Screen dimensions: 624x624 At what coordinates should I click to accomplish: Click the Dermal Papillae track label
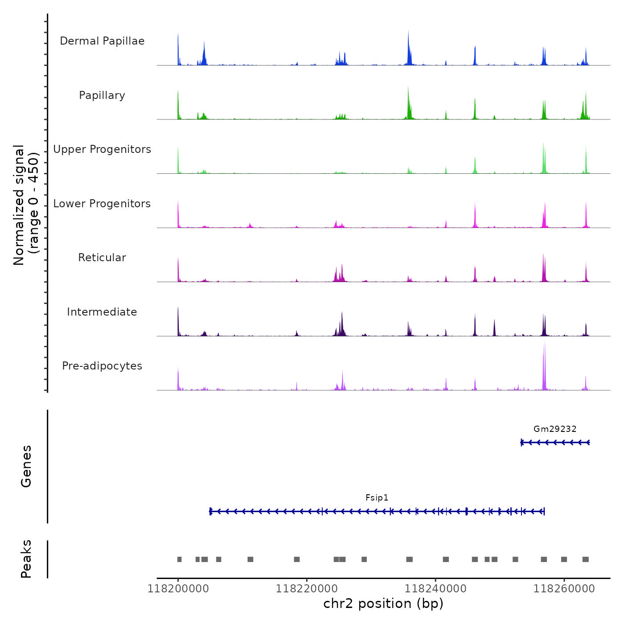[102, 41]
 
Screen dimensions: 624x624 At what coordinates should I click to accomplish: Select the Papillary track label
[102, 95]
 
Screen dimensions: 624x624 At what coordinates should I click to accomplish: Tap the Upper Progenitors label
[102, 149]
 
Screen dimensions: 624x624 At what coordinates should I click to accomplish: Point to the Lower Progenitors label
[102, 204]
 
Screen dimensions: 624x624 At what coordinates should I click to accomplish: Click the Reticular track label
[102, 258]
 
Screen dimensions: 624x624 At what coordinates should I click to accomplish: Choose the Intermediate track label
[102, 312]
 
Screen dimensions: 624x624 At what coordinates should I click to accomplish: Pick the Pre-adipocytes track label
[102, 366]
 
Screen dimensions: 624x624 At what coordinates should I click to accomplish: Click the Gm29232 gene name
[555, 429]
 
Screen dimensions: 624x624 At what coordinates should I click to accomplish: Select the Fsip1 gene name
[377, 498]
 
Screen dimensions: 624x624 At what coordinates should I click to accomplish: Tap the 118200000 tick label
[178, 589]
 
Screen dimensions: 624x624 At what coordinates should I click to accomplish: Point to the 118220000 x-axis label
[307, 589]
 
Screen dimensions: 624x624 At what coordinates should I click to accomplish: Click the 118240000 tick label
[435, 589]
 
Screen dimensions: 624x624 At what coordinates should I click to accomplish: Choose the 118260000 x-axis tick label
[564, 589]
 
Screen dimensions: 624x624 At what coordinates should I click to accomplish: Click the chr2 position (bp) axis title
[383, 603]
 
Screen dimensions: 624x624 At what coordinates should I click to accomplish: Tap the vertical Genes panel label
[26, 466]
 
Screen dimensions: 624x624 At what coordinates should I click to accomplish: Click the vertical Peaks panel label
[26, 559]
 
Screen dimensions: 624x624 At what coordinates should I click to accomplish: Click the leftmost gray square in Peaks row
[180, 559]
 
